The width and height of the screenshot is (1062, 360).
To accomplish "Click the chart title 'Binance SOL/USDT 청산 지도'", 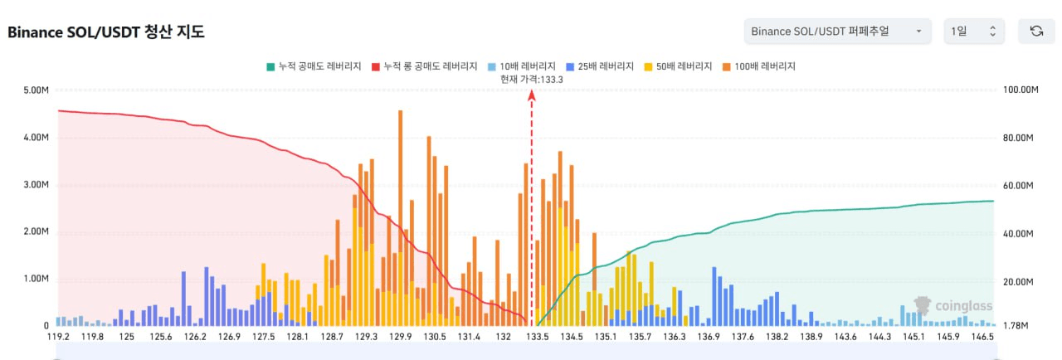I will (x=106, y=32).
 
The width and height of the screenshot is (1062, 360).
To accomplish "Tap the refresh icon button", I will (x=1036, y=32).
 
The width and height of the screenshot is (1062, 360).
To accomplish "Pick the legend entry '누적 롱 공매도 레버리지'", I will (x=425, y=66).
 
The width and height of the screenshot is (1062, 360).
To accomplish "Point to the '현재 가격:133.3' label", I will (x=532, y=79).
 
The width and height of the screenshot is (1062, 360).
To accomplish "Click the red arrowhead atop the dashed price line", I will (x=532, y=95).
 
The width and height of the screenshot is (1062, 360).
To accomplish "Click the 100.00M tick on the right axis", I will (x=1021, y=90).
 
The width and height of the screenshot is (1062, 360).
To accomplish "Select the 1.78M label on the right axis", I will (x=1016, y=326).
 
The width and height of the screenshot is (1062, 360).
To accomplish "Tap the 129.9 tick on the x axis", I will (x=401, y=337).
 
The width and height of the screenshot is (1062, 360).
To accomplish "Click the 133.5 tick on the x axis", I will (x=538, y=337).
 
